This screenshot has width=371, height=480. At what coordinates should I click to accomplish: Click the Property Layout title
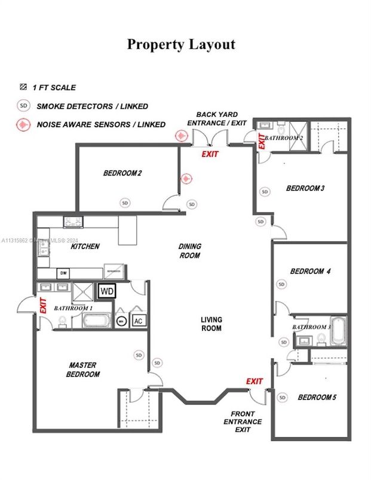(180, 45)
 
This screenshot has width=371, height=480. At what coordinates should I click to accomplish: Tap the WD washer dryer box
(107, 291)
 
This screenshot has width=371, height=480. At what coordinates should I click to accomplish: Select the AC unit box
(138, 321)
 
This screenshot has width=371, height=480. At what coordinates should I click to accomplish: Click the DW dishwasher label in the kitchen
(63, 273)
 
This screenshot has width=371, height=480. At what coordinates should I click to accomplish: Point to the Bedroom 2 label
(122, 174)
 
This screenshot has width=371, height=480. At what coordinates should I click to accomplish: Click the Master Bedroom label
(84, 370)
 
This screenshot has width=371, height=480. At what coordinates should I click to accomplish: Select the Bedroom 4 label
(310, 272)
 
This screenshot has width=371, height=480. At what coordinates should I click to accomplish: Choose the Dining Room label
(190, 251)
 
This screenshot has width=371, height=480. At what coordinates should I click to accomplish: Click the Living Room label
(211, 324)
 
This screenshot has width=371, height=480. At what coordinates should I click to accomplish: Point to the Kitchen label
(85, 247)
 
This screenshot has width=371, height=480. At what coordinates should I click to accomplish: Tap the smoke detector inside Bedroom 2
(125, 202)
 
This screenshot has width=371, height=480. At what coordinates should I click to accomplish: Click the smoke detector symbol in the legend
(23, 106)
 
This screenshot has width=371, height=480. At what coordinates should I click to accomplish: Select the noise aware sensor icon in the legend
(23, 125)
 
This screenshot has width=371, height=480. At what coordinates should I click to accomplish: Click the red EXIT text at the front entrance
(255, 381)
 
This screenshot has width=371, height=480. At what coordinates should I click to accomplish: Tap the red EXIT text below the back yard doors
(210, 154)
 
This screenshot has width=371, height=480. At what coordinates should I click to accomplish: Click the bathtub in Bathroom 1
(96, 321)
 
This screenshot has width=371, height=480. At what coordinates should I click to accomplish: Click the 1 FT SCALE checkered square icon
(23, 87)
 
